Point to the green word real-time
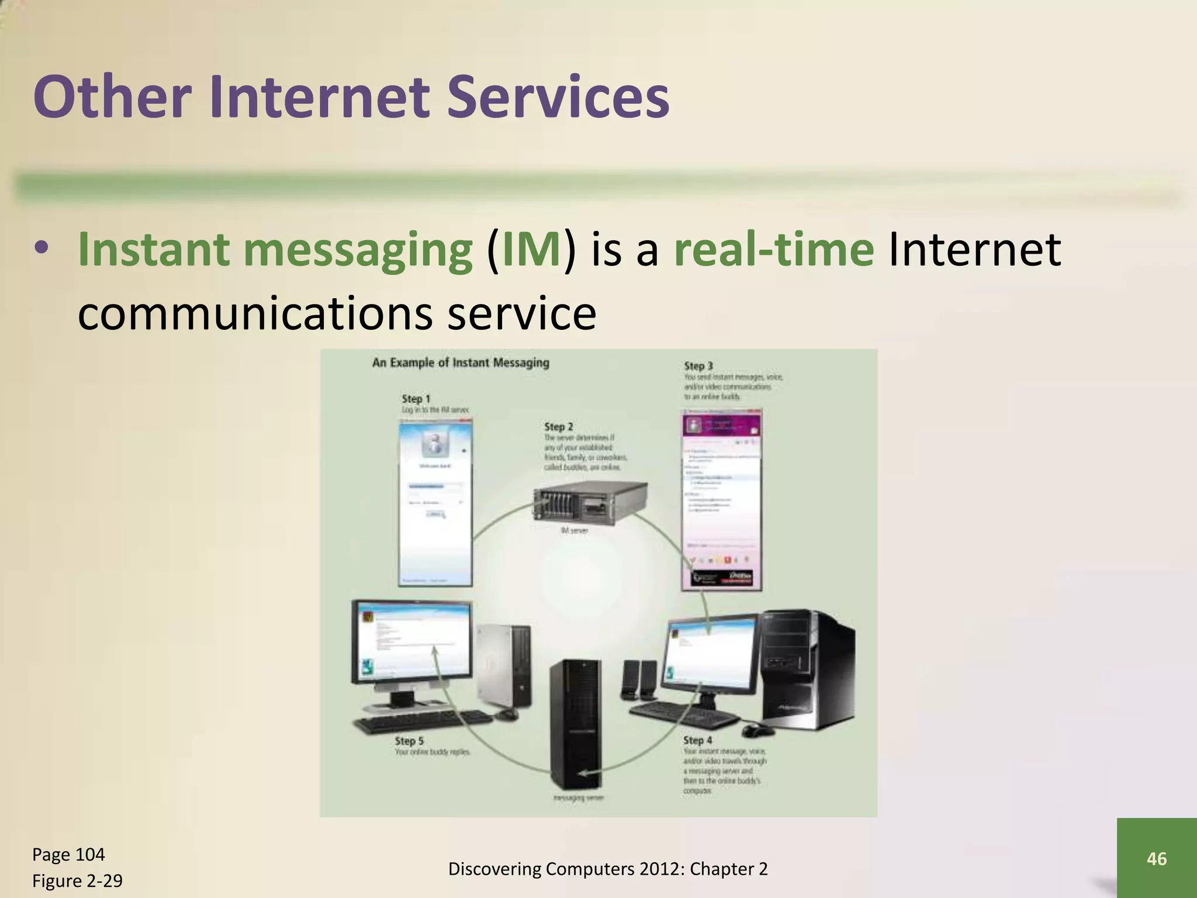pyautogui.click(x=774, y=250)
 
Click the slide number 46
pyautogui.click(x=1157, y=858)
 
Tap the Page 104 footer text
pyautogui.click(x=68, y=855)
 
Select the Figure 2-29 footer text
pyautogui.click(x=77, y=881)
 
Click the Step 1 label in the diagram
pyautogui.click(x=416, y=399)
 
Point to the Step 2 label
pyautogui.click(x=558, y=427)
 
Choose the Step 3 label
pyautogui.click(x=698, y=366)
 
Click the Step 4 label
pyautogui.click(x=698, y=740)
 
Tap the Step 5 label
pyautogui.click(x=409, y=741)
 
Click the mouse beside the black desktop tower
pyautogui.click(x=757, y=730)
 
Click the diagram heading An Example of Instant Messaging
pyautogui.click(x=461, y=362)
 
